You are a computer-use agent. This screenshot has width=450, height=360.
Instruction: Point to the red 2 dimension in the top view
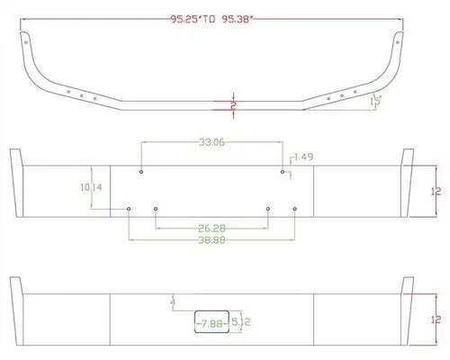pyautogui.click(x=233, y=106)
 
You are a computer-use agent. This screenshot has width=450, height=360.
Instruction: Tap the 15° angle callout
pyautogui.click(x=378, y=101)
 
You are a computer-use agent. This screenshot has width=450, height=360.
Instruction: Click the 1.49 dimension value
pyautogui.click(x=303, y=157)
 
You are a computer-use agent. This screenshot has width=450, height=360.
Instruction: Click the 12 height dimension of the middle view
pyautogui.click(x=436, y=191)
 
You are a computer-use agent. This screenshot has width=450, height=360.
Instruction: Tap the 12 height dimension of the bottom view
pyautogui.click(x=436, y=319)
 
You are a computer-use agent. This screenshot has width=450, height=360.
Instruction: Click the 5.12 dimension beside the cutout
pyautogui.click(x=240, y=320)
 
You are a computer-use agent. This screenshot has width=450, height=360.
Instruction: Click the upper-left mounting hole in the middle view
pyautogui.click(x=142, y=171)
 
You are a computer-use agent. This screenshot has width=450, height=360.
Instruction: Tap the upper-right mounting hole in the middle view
pyautogui.click(x=283, y=171)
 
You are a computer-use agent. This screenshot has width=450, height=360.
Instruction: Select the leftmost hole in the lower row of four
pyautogui.click(x=130, y=209)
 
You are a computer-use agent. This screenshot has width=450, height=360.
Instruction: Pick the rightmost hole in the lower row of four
pyautogui.click(x=295, y=209)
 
